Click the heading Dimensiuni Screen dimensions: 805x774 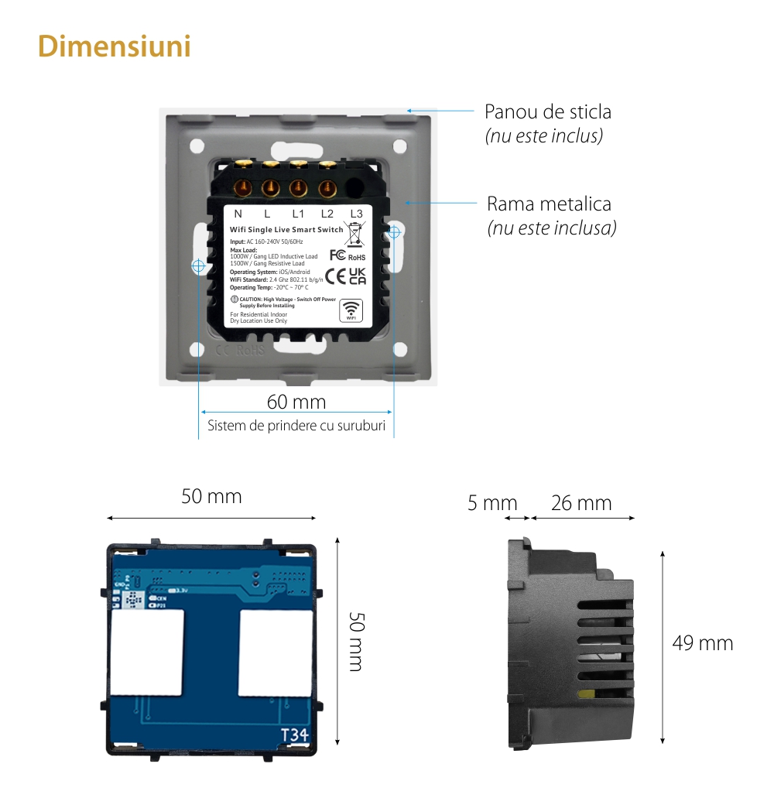(x=115, y=46)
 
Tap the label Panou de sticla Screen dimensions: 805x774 (x=547, y=111)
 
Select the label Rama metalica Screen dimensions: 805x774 (x=549, y=204)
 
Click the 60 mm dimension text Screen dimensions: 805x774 (x=296, y=402)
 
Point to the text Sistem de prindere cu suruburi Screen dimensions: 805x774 (x=296, y=426)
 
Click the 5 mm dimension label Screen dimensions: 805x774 (x=492, y=503)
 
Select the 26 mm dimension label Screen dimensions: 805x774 (x=581, y=503)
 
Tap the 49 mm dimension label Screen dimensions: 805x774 (x=702, y=643)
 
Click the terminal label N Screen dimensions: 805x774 (x=238, y=214)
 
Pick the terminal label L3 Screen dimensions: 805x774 (x=356, y=214)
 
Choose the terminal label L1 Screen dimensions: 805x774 (x=297, y=214)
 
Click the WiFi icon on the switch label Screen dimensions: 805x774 (x=351, y=309)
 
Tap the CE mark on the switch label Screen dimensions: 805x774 (x=335, y=276)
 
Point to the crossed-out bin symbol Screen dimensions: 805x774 (x=354, y=232)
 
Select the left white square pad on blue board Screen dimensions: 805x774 (x=147, y=653)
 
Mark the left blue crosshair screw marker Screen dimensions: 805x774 (x=198, y=265)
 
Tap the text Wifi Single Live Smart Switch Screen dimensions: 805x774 (x=286, y=230)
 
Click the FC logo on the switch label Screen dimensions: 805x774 (x=337, y=255)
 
